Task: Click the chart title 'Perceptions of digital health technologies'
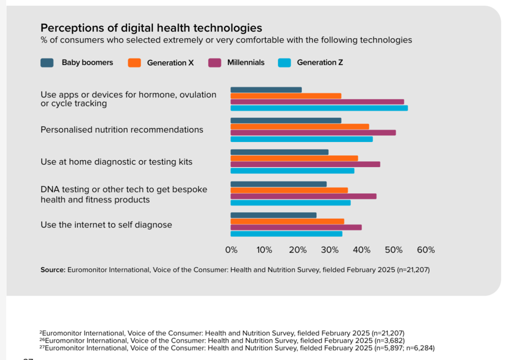[x=151, y=28]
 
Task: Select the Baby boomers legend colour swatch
[x=47, y=62]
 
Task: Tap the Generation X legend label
[x=170, y=63]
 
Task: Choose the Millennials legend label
[x=245, y=62]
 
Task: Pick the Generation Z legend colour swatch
[x=284, y=62]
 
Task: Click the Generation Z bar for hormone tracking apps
[x=319, y=108]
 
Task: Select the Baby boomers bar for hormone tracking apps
[x=266, y=90]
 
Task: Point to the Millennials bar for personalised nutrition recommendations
[x=313, y=132]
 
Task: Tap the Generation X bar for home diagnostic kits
[x=294, y=158]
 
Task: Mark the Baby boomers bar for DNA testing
[x=278, y=184]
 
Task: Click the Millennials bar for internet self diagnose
[x=296, y=227]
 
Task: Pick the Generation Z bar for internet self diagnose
[x=286, y=233]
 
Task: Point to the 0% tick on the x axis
[x=231, y=250]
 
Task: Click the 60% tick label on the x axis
[x=426, y=250]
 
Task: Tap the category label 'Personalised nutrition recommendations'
[x=121, y=129]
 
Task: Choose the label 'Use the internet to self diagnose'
[x=106, y=225]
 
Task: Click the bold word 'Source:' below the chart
[x=52, y=270]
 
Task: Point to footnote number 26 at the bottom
[x=42, y=339]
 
